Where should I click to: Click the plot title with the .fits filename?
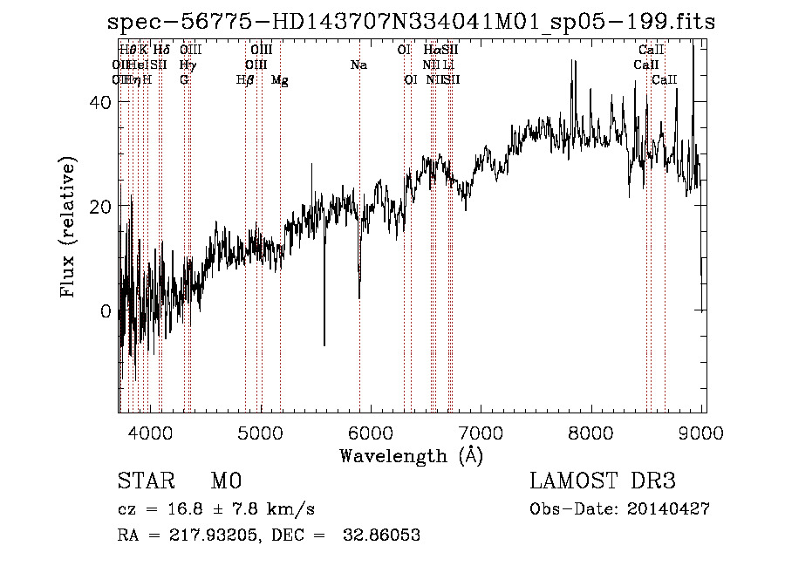pyautogui.click(x=411, y=22)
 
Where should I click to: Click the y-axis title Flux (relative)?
pyautogui.click(x=68, y=227)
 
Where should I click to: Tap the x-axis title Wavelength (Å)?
pyautogui.click(x=411, y=455)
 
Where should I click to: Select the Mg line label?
pyautogui.click(x=279, y=80)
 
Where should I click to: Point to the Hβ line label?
pyautogui.click(x=245, y=80)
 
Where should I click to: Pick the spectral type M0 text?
pyautogui.click(x=225, y=481)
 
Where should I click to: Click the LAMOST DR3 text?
pyautogui.click(x=602, y=481)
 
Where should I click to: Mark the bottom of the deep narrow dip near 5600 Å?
pyautogui.click(x=324, y=345)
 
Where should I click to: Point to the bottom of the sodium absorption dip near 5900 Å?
pyautogui.click(x=359, y=298)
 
